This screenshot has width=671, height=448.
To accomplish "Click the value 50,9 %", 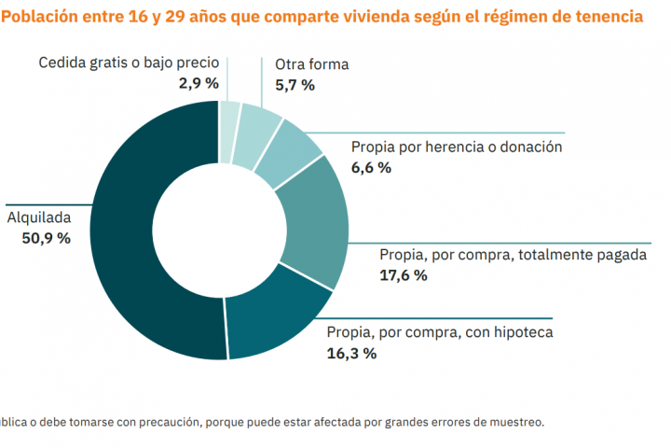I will [x=46, y=238].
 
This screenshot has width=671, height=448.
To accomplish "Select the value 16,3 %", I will [x=351, y=353].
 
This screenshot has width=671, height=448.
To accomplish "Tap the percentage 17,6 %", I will [x=404, y=275].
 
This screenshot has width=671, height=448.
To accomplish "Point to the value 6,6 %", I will [x=371, y=168].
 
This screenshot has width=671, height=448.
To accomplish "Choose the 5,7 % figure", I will [x=294, y=85].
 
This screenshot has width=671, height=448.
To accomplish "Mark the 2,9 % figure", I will [x=199, y=83].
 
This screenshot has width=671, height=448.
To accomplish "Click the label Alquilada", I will [x=39, y=217].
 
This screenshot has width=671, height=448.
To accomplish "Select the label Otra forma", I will [x=312, y=64].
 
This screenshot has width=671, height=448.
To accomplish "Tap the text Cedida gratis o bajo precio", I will [x=129, y=63].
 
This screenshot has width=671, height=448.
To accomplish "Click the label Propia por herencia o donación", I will [x=457, y=147].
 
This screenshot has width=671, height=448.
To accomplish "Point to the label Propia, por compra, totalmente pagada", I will [x=512, y=255].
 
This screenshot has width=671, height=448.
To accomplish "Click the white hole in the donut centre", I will [x=219, y=230].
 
